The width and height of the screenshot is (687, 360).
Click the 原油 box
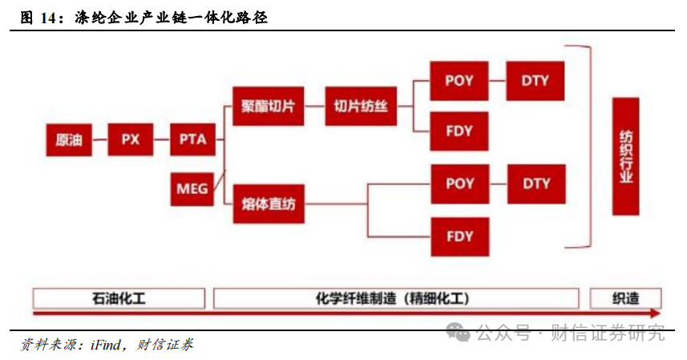(68, 140)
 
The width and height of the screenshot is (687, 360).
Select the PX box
(130, 140)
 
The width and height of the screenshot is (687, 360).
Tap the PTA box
(192, 140)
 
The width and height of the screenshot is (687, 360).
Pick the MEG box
(192, 189)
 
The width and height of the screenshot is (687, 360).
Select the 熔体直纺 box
(269, 204)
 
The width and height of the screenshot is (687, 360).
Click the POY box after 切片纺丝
(459, 81)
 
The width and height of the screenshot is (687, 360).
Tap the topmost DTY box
(535, 81)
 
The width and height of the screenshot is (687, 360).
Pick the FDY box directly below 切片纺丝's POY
(459, 131)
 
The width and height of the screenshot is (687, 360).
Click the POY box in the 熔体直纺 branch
(459, 184)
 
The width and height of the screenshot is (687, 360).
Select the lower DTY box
(535, 184)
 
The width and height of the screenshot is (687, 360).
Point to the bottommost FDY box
(459, 237)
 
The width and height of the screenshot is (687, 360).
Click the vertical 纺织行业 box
(625, 156)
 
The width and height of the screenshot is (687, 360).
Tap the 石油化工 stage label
(119, 298)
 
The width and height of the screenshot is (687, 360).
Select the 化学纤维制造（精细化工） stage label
(395, 298)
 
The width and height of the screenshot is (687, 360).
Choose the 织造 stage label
(625, 298)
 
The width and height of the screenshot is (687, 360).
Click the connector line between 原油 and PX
(99, 140)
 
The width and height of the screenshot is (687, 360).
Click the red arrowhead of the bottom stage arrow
(656, 313)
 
